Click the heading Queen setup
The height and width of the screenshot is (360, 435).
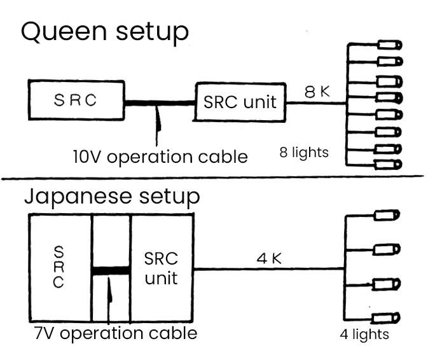[x=105, y=32]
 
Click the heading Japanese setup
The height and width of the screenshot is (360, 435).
[x=112, y=197]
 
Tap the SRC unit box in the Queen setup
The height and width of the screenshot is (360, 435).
[x=240, y=100]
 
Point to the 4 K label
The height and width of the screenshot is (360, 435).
[x=268, y=259]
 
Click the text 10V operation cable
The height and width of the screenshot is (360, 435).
[x=160, y=156]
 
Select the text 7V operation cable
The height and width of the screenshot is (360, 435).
[x=115, y=333]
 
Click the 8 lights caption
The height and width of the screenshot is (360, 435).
[x=304, y=152]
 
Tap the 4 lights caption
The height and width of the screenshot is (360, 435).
[x=364, y=335]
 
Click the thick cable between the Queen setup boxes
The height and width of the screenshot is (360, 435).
[x=159, y=102]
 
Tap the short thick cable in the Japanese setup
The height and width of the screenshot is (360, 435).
[x=111, y=270]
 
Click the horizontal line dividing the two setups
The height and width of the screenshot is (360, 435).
[x=216, y=177]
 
